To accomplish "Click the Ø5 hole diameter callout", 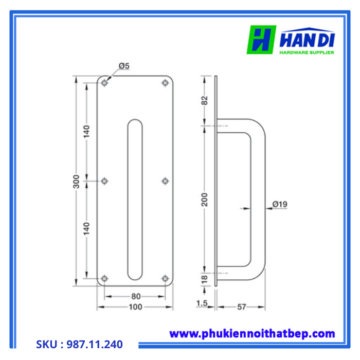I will (124, 66).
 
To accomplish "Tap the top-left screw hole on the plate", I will (105, 82).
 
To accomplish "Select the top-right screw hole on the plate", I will (165, 82).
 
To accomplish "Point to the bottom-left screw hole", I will (105, 278).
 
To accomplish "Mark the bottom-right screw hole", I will (165, 278).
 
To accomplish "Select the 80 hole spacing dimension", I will (136, 297).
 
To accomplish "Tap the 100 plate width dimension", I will (135, 308).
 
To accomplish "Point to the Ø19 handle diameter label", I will (280, 205).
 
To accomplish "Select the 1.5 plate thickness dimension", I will (201, 303).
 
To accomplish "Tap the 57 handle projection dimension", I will (241, 308).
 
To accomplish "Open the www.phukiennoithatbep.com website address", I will (252, 334).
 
